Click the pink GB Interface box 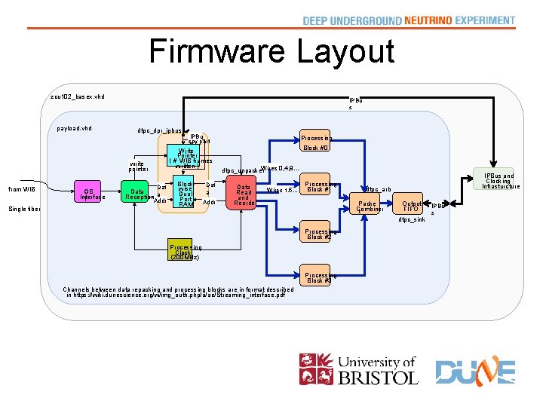coord(89,193)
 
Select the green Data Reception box coord(138,194)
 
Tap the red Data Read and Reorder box coord(244,194)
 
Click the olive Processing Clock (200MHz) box coord(185,251)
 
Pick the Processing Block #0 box coord(316,142)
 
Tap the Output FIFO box coord(412,205)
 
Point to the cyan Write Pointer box coord(184,158)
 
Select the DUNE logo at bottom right coord(475,372)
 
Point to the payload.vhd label coord(75,128)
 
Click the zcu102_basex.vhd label coord(78,96)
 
